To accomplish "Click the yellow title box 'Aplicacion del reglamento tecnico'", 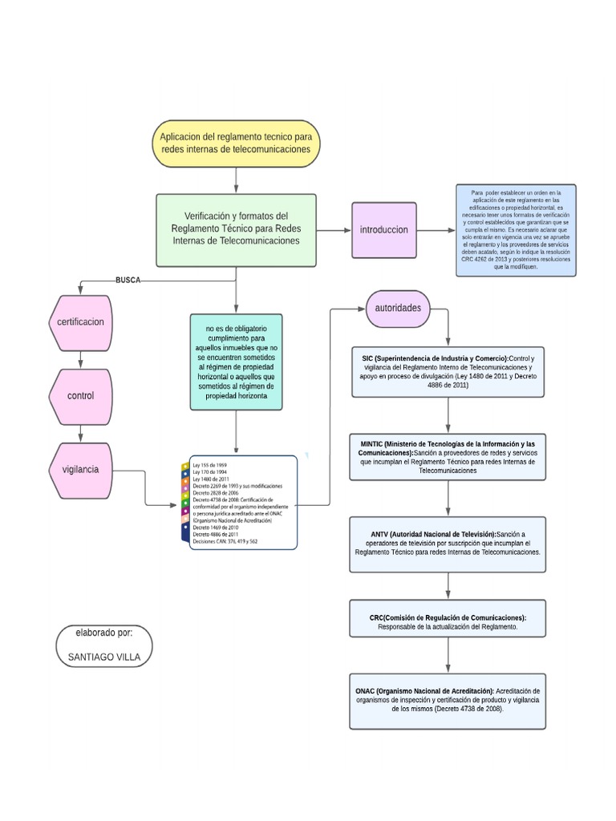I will coord(235,144).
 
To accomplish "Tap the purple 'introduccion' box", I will coord(383,229).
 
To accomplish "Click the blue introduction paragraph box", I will coord(516,230).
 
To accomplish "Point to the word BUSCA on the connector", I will coord(128,280).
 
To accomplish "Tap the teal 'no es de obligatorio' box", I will coord(235,362).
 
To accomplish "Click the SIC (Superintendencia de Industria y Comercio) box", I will coord(448,371).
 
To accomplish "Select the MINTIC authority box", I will coord(448,457).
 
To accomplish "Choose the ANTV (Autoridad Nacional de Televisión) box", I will coord(448,544).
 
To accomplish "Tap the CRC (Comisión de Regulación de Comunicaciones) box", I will coord(448,622).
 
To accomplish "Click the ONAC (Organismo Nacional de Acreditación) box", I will coord(448,701).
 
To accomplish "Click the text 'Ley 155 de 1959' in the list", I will coord(209,465).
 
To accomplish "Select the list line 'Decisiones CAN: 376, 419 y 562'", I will coord(225,542).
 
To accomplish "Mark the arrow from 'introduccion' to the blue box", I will coord(435,230).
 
